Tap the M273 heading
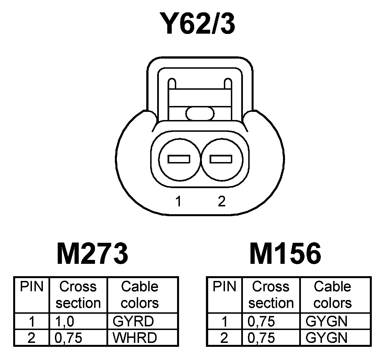[92, 254]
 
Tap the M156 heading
[285, 254]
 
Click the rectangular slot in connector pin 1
[179, 159]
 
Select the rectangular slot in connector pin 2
[221, 159]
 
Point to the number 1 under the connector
[178, 201]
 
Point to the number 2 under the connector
[221, 201]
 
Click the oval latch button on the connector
[200, 113]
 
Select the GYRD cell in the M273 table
[133, 321]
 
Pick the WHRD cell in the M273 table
[134, 338]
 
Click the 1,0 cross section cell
[65, 321]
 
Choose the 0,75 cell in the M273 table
[69, 338]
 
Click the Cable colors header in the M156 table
[333, 295]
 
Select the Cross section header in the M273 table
[78, 295]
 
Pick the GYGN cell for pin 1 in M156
[327, 321]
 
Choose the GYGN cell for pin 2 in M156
[327, 338]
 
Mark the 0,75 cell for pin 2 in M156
[261, 338]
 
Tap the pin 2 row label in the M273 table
[32, 338]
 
